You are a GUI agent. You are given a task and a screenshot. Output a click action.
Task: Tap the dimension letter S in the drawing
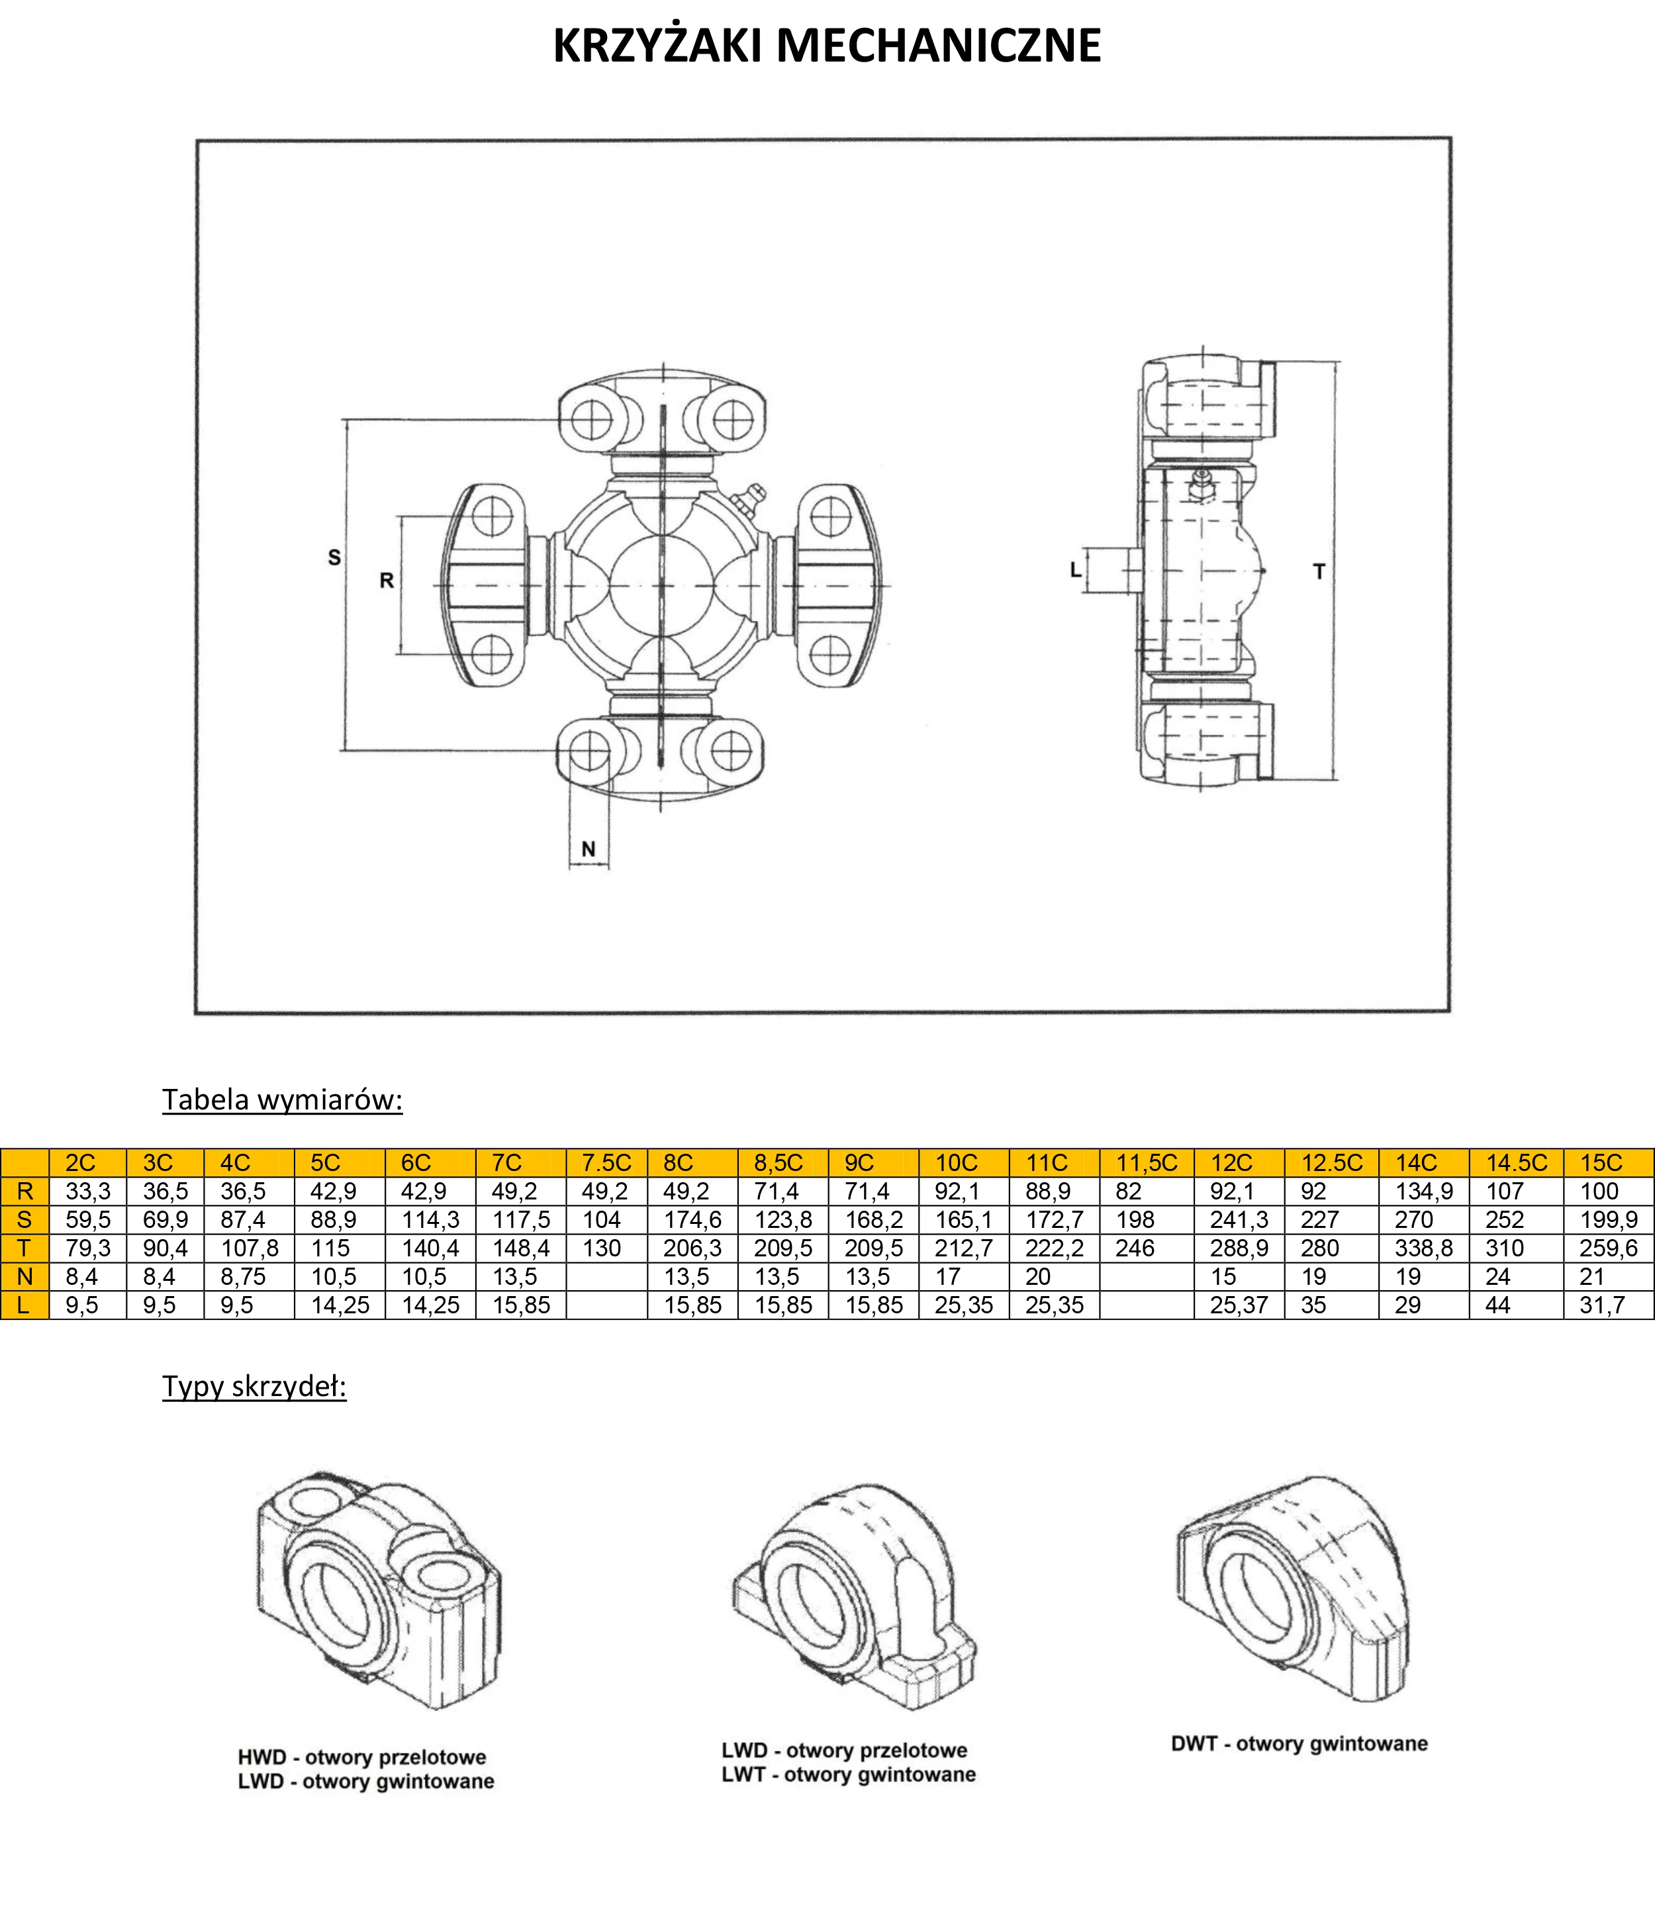(x=334, y=557)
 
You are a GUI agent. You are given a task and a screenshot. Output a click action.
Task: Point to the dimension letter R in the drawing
(x=387, y=580)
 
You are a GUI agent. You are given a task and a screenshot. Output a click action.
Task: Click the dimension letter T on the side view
(x=1319, y=572)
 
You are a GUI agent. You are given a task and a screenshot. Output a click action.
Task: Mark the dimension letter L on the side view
(x=1075, y=570)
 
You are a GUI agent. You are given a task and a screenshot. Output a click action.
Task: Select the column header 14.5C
(x=1516, y=1163)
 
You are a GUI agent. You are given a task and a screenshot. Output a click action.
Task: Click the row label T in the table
(x=24, y=1248)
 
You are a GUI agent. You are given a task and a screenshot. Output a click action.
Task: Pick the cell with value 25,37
(x=1239, y=1305)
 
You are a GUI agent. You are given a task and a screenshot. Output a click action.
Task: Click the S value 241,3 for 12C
(x=1239, y=1219)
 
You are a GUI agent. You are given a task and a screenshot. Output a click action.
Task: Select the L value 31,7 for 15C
(x=1601, y=1305)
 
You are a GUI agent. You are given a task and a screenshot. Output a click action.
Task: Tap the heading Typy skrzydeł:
(x=254, y=1386)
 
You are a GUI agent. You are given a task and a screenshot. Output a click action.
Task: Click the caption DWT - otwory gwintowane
(x=1299, y=1744)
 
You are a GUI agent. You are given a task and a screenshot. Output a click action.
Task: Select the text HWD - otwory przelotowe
(x=361, y=1757)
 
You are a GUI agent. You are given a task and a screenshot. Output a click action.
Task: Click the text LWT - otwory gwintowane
(x=848, y=1775)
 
